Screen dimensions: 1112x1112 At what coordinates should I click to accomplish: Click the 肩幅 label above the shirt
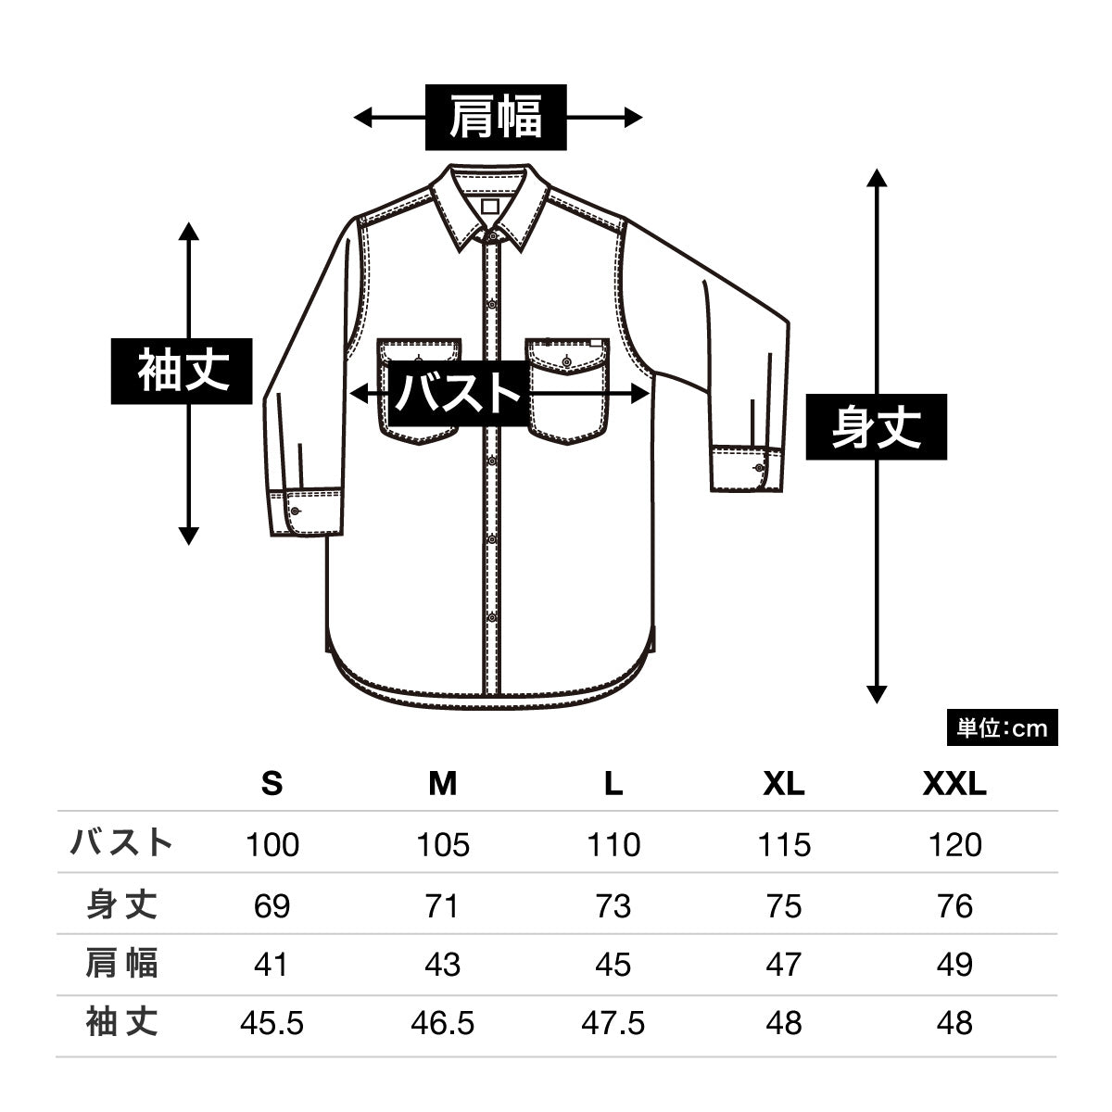496,117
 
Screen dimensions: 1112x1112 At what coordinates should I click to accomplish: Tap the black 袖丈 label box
182,371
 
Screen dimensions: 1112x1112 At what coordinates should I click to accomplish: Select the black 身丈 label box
876,427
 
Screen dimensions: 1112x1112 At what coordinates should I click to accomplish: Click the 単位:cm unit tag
1003,727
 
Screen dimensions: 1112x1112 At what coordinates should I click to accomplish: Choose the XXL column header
954,784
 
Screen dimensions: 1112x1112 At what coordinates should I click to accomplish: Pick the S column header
272,784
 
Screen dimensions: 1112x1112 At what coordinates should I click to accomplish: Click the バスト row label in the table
121,842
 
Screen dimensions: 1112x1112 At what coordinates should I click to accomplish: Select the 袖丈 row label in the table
121,1022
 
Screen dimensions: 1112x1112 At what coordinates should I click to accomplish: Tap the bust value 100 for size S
272,845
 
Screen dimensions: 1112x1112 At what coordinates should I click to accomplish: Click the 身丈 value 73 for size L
613,906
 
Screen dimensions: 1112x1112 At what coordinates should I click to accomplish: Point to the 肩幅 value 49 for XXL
954,965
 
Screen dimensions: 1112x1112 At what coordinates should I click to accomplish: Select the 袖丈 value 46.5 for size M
443,1023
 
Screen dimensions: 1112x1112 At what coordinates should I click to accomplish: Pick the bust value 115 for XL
784,845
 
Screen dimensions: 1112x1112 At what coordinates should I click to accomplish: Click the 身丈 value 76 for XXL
954,906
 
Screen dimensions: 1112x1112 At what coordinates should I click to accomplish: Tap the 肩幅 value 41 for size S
272,965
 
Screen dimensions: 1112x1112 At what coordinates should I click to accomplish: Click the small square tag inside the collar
490,206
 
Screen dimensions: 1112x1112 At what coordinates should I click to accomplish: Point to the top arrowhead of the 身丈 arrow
877,178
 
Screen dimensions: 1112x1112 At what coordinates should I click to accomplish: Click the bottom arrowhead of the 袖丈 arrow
189,537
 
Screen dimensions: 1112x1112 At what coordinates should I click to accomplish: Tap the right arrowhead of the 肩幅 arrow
634,118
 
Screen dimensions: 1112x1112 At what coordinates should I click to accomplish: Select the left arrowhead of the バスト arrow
360,395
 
